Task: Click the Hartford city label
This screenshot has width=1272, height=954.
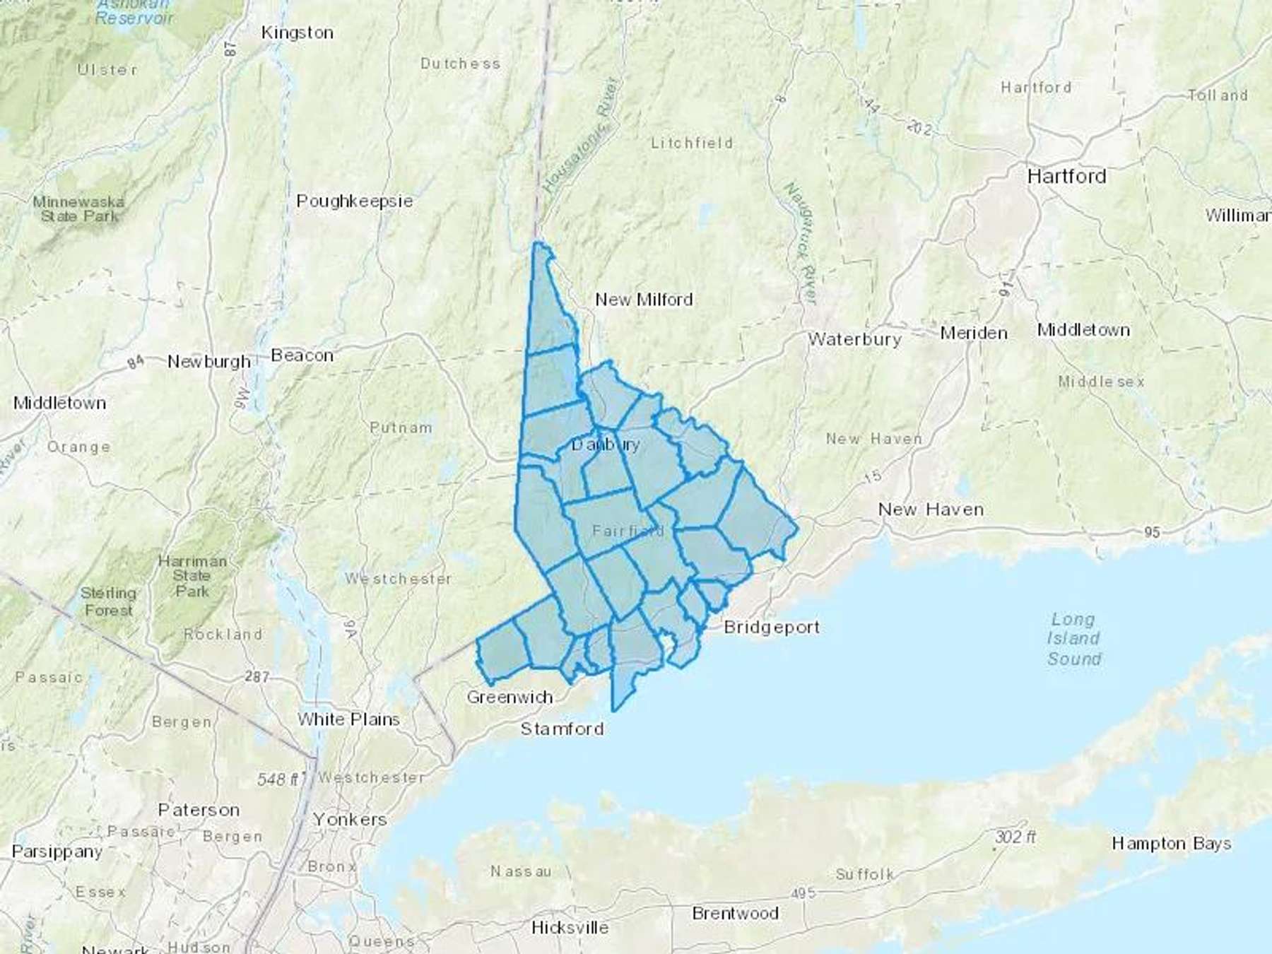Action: point(1066,176)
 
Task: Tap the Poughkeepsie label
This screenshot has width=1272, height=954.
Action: point(354,201)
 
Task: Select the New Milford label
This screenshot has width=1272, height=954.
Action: point(643,300)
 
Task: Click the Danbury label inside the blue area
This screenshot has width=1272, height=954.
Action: point(606,444)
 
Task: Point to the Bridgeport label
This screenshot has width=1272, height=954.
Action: point(772,627)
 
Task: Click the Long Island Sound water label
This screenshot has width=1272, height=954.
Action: point(1073,639)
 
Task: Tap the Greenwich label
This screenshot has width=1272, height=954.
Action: point(510,697)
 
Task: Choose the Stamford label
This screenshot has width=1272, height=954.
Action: point(562,729)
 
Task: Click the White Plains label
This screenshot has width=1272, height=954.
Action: point(348,719)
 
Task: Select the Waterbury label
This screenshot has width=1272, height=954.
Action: point(854,339)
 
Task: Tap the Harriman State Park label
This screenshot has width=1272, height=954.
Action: point(192,576)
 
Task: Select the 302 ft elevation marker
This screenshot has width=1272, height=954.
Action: point(1015,837)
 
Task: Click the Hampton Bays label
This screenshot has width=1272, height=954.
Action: point(1171,844)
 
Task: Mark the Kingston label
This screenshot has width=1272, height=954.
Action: point(297,33)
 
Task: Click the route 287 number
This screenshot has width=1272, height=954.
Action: point(257,676)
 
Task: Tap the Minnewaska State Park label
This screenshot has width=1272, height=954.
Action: point(78,209)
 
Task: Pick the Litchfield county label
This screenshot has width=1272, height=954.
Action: point(691,143)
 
